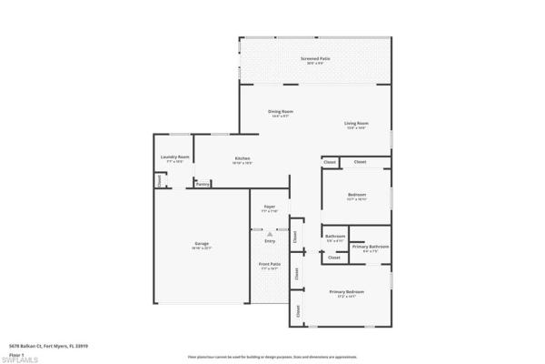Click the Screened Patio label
316,58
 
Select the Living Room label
355,123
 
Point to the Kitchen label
243,159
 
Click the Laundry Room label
174,157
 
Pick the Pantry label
203,184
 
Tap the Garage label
202,244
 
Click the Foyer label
270,207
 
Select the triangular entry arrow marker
270,233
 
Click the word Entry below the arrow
270,241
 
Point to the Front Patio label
270,265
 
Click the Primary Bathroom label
372,247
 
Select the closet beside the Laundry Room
160,180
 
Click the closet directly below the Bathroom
333,258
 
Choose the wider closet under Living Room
360,162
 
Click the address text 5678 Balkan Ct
41,346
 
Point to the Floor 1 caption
15,353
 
